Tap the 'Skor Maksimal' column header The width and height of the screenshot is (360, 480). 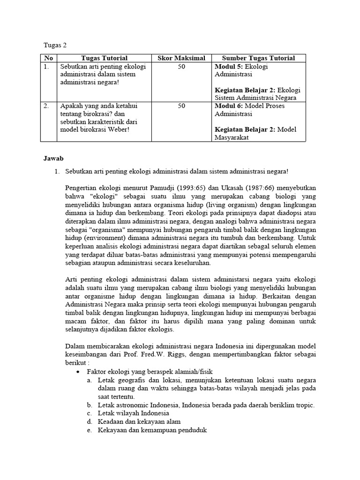click(181, 58)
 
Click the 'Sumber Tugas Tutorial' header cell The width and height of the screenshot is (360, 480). click(258, 58)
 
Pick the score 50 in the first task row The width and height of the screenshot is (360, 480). click(181, 67)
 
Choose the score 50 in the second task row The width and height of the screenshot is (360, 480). click(181, 106)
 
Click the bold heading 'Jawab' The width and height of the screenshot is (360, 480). click(53, 159)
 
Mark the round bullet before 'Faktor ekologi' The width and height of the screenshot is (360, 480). click(78, 371)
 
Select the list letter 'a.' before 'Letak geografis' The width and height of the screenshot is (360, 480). click(89, 379)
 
